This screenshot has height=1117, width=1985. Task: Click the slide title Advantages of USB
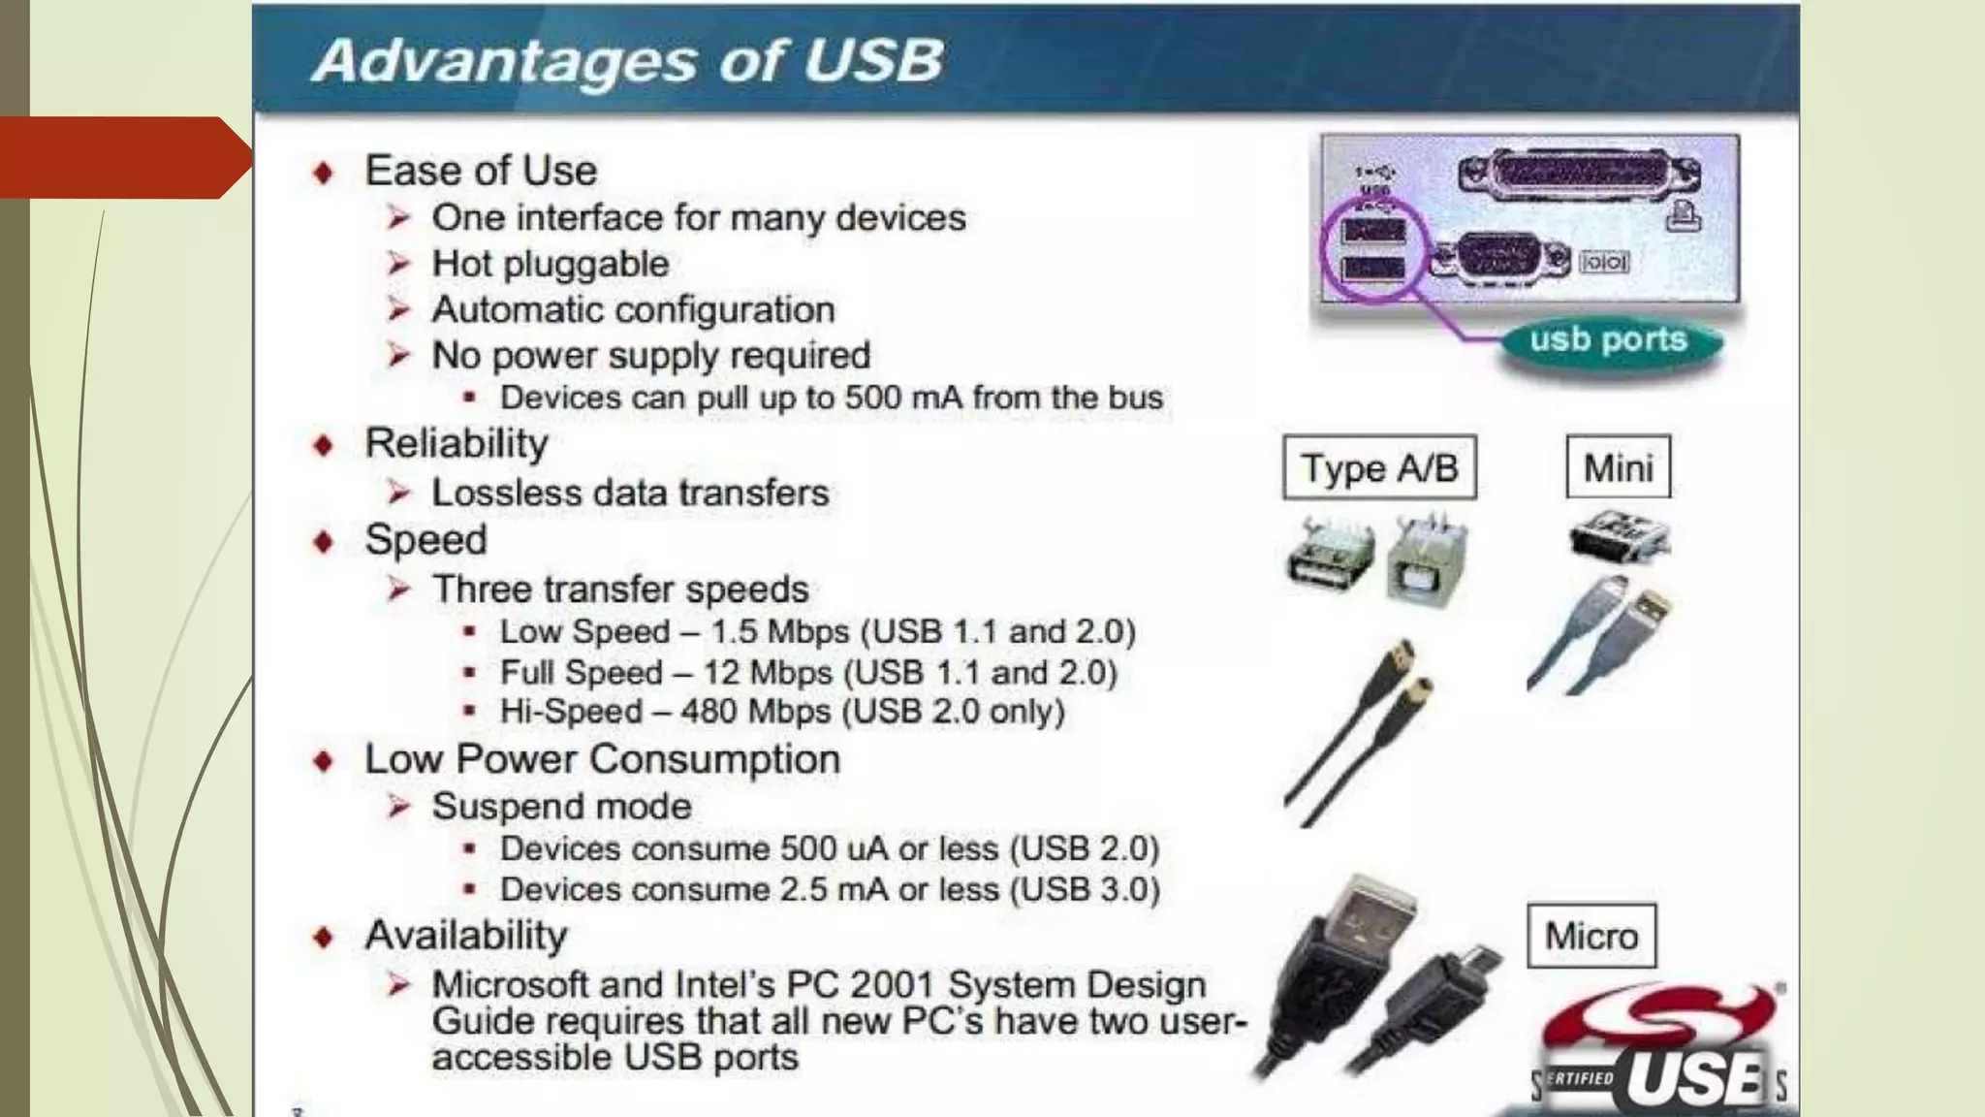[628, 60]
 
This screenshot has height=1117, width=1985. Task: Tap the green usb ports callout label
[1609, 340]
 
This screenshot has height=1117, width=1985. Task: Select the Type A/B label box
[1379, 468]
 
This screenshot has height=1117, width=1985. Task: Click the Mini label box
[1618, 468]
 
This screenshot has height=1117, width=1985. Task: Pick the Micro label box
[1591, 937]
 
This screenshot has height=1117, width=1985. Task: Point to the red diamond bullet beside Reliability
[324, 445]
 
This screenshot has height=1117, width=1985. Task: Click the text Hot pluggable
[550, 264]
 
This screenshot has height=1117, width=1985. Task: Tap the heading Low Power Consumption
[602, 759]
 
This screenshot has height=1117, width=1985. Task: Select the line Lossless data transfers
[630, 493]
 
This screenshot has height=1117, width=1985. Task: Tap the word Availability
[466, 936]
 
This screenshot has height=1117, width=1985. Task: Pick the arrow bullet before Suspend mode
[398, 806]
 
